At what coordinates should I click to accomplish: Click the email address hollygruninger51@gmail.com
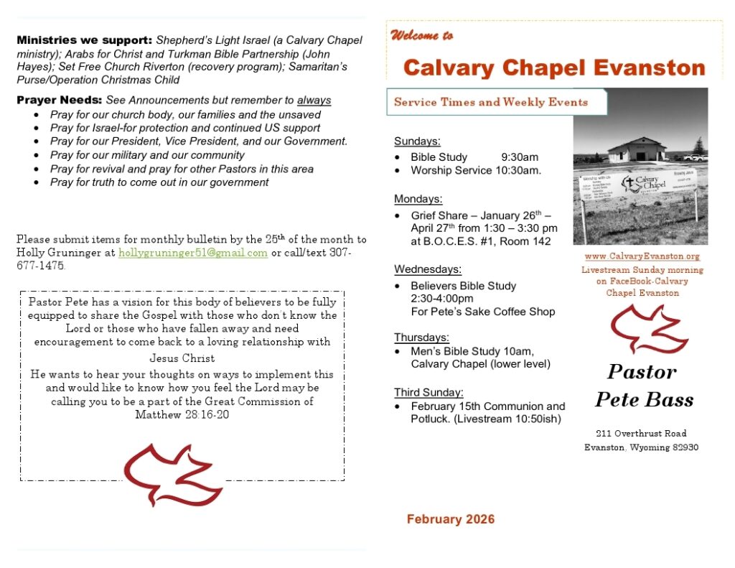pos(193,253)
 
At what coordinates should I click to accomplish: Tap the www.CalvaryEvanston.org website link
pos(642,256)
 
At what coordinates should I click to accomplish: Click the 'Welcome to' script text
pos(422,35)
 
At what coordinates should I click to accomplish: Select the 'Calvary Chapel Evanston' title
pos(554,67)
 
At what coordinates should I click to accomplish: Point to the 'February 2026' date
pos(450,519)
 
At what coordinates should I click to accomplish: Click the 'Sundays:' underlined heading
pos(417,141)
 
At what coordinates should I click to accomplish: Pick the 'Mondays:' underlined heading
pos(418,199)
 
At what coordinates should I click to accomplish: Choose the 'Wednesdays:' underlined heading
pos(428,269)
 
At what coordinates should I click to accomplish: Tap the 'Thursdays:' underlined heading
pos(421,337)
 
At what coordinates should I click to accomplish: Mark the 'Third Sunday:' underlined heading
pos(429,392)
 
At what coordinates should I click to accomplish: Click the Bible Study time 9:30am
pos(520,157)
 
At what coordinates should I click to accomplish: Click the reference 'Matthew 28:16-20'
pos(182,415)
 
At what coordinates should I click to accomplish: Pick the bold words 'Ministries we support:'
pos(84,40)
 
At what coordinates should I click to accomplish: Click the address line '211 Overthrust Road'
pos(641,433)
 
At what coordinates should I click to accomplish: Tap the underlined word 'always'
pos(314,101)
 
